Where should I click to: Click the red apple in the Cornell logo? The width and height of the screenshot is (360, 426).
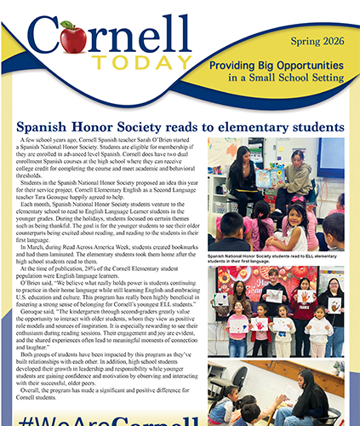pos(74,38)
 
